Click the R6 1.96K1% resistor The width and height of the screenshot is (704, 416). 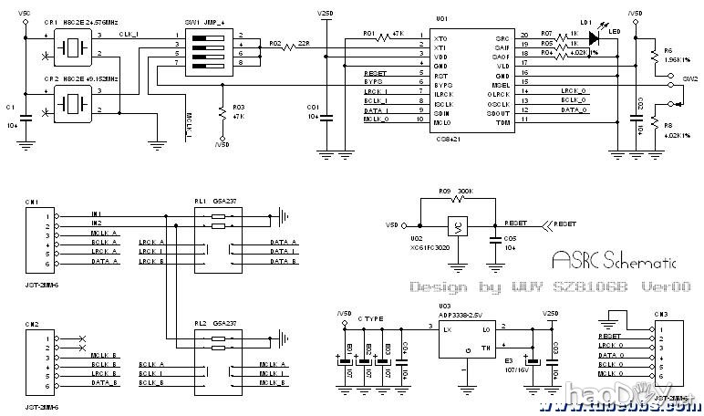(655, 57)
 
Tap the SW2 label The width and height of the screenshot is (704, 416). (690, 79)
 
